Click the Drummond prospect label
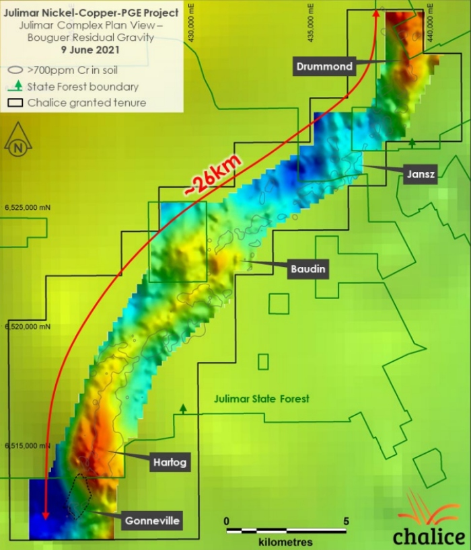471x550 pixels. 324,66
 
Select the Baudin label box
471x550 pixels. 309,269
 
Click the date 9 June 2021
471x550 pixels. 90,49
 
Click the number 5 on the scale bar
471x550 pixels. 346,520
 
